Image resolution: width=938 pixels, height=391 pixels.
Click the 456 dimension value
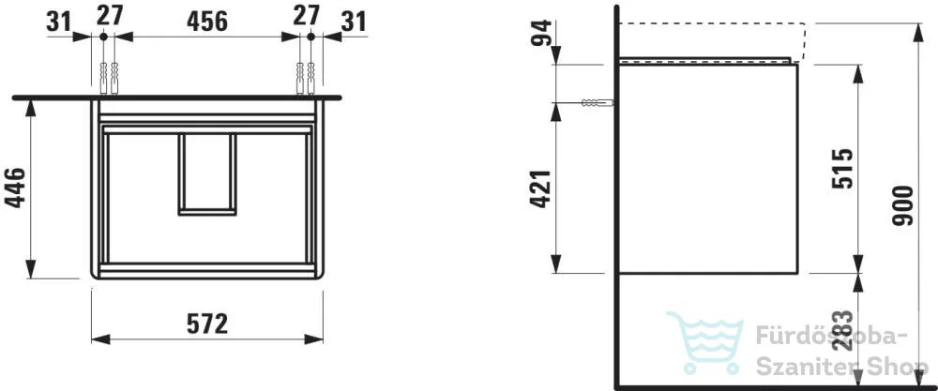pos(207,22)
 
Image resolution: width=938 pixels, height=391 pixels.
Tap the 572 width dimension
pos(207,324)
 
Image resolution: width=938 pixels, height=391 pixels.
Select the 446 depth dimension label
pos(16,188)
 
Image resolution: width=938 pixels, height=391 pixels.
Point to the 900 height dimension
pos(903,205)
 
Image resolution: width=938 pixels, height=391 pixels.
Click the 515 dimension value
pos(843,169)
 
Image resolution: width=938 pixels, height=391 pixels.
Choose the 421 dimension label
pos(540,188)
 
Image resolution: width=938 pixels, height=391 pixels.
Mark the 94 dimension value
pos(541,35)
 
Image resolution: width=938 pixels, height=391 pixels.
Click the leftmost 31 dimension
pos(58,22)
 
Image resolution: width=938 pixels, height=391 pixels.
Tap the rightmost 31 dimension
pos(354,22)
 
